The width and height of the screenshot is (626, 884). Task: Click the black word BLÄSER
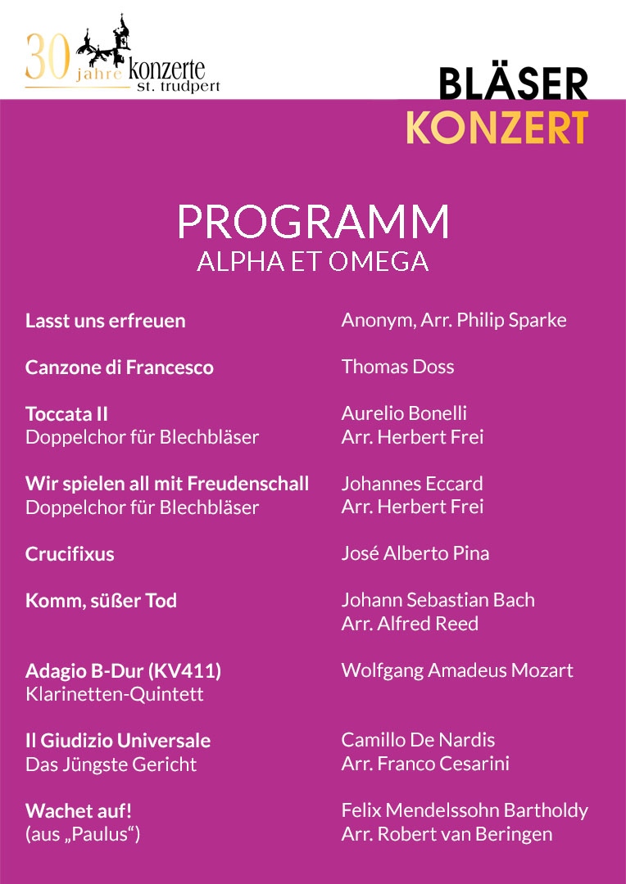tap(513, 84)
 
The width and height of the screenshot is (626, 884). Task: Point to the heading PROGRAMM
tap(313, 222)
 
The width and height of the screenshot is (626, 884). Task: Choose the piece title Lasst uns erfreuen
tap(105, 321)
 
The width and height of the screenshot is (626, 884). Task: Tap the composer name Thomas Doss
tap(397, 367)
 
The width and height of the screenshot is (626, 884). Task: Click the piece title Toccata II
tap(66, 414)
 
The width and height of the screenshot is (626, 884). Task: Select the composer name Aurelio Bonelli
tap(404, 413)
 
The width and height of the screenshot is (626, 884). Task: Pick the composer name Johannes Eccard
tap(411, 484)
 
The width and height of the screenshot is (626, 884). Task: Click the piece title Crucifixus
tap(70, 554)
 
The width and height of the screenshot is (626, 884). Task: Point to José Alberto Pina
tap(415, 553)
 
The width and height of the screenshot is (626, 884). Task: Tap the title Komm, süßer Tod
tap(101, 601)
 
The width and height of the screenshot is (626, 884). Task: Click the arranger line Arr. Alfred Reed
tap(410, 624)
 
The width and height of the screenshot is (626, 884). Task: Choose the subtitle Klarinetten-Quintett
tap(115, 695)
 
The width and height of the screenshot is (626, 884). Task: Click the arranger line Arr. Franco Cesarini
tap(425, 764)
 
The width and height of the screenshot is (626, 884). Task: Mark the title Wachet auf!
tap(79, 811)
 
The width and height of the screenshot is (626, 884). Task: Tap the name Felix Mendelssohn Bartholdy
tap(464, 810)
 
